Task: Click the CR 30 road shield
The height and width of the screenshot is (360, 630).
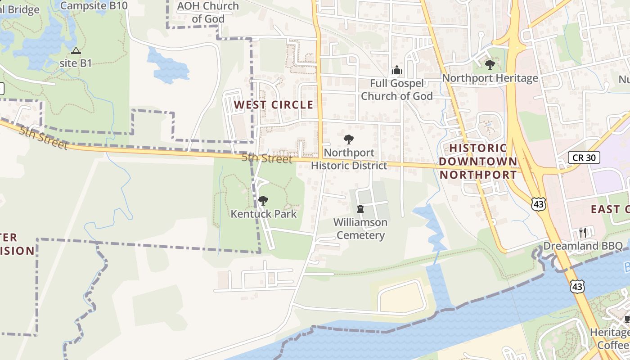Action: pyautogui.click(x=584, y=157)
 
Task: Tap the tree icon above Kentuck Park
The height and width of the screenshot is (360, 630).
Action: pyautogui.click(x=263, y=201)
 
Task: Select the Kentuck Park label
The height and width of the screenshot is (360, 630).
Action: pyautogui.click(x=264, y=214)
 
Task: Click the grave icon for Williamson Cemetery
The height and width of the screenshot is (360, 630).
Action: pyautogui.click(x=360, y=209)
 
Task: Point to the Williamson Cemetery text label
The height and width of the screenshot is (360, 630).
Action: pyautogui.click(x=360, y=229)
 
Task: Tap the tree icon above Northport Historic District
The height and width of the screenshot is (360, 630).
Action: pyautogui.click(x=348, y=139)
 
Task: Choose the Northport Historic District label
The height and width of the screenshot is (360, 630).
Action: pyautogui.click(x=349, y=159)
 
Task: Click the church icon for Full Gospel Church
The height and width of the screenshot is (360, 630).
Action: pyautogui.click(x=396, y=70)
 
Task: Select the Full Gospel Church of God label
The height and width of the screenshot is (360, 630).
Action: pyautogui.click(x=396, y=90)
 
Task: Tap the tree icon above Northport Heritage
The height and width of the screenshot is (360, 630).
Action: pyautogui.click(x=490, y=65)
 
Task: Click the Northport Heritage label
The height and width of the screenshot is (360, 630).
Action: pyautogui.click(x=490, y=78)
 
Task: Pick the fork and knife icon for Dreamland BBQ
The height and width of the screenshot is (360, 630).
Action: pyautogui.click(x=583, y=233)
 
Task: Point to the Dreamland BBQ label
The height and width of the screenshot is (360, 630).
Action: pyautogui.click(x=583, y=246)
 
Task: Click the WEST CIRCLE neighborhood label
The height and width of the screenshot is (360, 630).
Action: pyautogui.click(x=274, y=105)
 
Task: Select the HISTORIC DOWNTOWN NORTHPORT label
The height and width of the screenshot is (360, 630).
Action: pyautogui.click(x=478, y=161)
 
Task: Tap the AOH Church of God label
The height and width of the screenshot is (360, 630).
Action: pyautogui.click(x=208, y=12)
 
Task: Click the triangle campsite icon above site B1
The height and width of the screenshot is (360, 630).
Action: pyautogui.click(x=76, y=50)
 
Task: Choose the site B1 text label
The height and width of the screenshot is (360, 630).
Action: pyautogui.click(x=76, y=63)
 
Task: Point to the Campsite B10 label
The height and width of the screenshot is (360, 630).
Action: pyautogui.click(x=94, y=5)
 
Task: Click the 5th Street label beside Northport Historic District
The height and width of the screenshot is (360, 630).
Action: pyautogui.click(x=266, y=158)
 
